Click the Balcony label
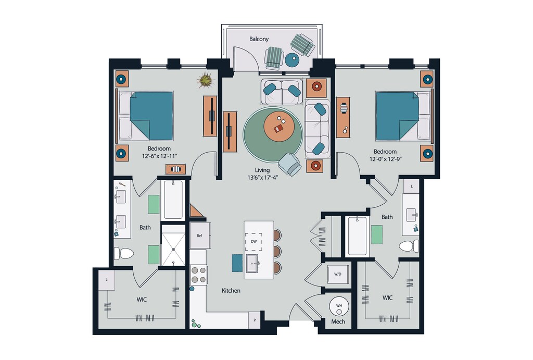(x=259, y=39)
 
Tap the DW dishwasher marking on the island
(x=253, y=242)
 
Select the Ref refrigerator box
(x=200, y=235)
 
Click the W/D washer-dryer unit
(x=337, y=274)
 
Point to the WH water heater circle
(x=339, y=308)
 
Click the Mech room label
(x=338, y=321)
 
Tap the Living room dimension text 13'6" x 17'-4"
(x=263, y=177)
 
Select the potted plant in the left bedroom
(x=206, y=81)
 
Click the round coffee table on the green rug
(x=279, y=126)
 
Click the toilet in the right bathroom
(x=409, y=246)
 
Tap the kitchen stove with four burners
(x=199, y=275)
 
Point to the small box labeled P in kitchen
(x=254, y=320)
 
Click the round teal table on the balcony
(x=292, y=60)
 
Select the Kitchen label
(x=231, y=291)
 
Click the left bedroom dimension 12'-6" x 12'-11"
(x=160, y=156)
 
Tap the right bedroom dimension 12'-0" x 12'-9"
(x=386, y=159)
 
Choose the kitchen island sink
(x=252, y=264)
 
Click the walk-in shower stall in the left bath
(x=173, y=245)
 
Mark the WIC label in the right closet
(x=387, y=297)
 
